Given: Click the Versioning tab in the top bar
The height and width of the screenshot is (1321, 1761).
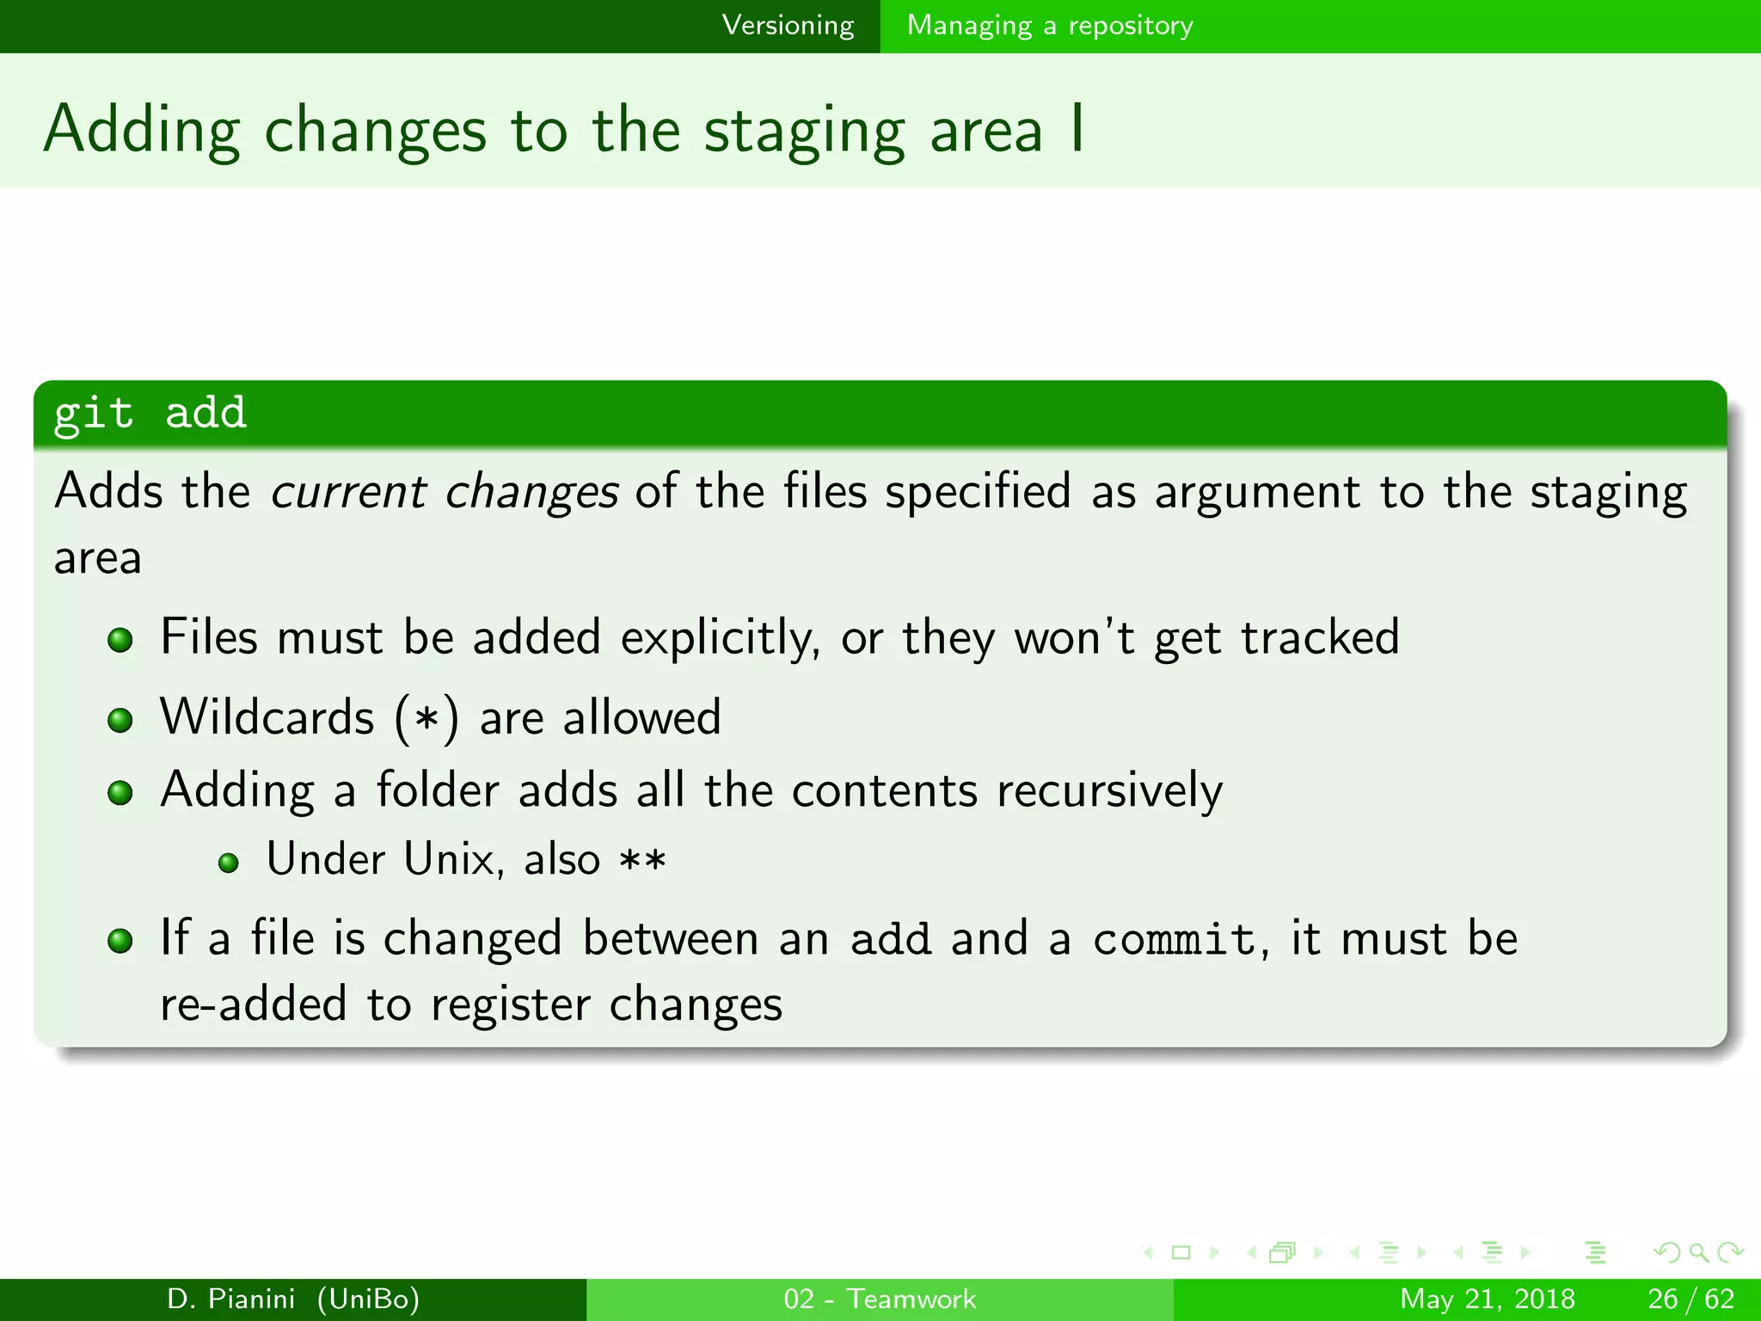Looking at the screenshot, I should (x=788, y=26).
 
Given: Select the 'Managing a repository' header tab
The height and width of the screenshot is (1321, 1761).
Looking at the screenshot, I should (x=1050, y=26).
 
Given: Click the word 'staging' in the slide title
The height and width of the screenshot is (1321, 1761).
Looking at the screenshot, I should (x=804, y=132).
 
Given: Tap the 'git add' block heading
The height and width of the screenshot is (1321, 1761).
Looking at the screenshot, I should (x=150, y=414).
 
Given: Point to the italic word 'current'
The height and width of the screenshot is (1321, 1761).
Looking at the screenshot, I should (x=348, y=492).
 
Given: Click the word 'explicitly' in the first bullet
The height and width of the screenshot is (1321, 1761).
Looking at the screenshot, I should (x=720, y=638).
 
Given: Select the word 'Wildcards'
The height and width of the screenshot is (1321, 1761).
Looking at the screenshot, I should (x=267, y=717).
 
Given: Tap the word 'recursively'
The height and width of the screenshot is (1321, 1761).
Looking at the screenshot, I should (x=1109, y=790).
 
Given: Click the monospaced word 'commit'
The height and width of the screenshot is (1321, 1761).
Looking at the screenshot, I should (x=1175, y=938).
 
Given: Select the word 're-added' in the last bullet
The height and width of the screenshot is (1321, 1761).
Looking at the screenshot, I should (x=254, y=1005).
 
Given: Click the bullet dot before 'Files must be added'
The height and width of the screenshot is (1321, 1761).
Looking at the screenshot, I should (x=120, y=640).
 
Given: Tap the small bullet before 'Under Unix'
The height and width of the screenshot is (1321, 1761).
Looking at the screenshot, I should (x=228, y=863).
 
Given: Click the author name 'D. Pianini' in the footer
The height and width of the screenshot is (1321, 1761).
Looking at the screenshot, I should (x=230, y=1299).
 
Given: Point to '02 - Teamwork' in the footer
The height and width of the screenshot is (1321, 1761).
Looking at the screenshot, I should (x=880, y=1299).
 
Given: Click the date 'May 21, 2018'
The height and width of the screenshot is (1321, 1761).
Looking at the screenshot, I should (x=1488, y=1299).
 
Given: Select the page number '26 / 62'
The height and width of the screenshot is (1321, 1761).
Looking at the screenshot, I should (x=1690, y=1299).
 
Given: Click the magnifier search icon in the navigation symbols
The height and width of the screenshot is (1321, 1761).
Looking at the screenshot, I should (x=1698, y=1252).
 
